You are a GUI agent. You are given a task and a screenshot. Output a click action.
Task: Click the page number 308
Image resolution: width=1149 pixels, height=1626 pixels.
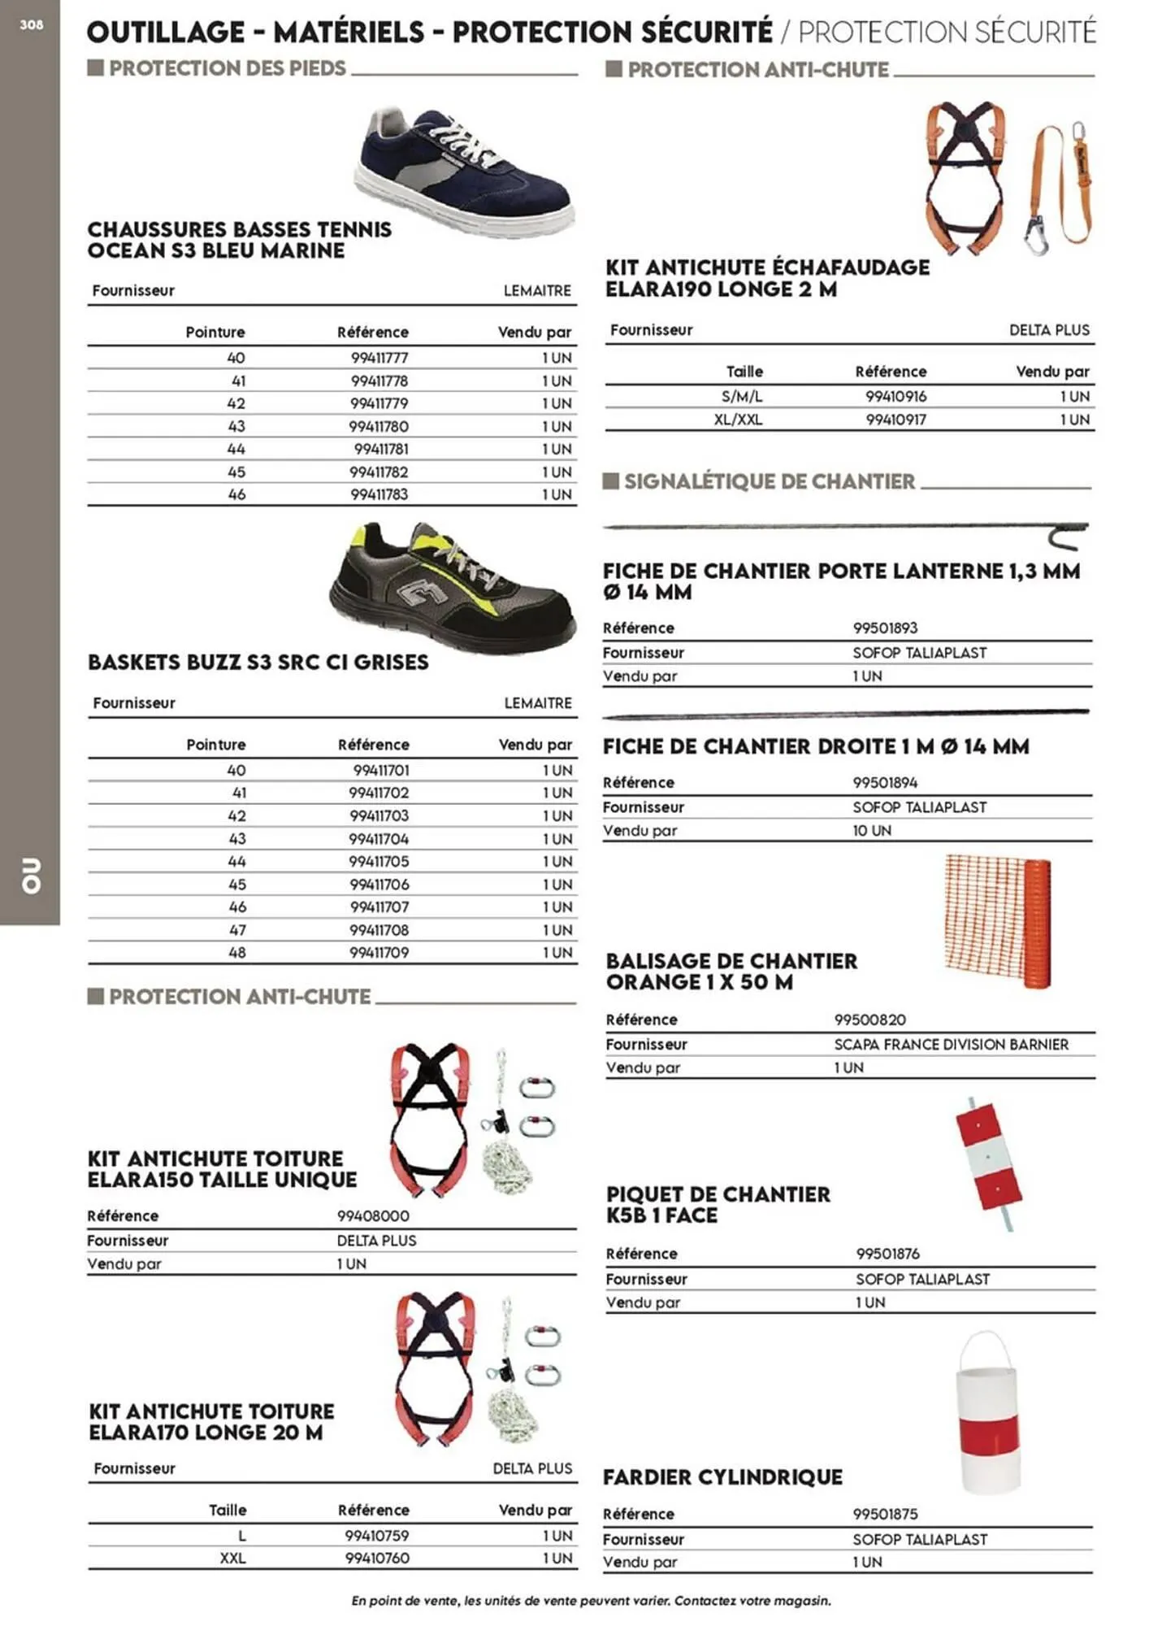31,25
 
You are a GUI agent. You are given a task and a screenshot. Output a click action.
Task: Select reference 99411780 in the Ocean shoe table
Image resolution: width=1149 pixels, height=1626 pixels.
379,426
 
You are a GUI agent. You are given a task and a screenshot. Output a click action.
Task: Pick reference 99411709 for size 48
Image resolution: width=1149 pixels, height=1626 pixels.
379,952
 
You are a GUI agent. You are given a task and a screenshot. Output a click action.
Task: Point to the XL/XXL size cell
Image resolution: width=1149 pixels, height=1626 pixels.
738,420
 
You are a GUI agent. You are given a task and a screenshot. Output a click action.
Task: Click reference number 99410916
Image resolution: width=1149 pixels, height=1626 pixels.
895,397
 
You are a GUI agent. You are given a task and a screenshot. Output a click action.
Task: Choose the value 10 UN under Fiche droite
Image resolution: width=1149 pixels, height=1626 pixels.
871,830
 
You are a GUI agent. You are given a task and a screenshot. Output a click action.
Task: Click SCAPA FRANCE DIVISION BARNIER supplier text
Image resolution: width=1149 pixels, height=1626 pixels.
951,1044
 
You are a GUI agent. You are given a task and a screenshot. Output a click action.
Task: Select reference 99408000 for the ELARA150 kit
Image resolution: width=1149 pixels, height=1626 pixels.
373,1216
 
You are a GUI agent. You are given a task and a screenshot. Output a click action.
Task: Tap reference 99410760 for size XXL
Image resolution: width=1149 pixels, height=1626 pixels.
376,1558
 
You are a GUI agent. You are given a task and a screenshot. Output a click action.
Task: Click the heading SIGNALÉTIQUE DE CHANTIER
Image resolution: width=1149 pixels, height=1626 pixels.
769,481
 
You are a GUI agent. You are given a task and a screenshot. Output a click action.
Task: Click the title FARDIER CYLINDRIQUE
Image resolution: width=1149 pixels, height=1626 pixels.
722,1476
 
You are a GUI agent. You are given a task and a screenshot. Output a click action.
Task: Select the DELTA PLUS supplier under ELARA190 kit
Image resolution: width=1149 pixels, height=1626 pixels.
1048,330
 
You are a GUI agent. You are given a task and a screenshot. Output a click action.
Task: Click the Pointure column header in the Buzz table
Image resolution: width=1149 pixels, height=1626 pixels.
215,745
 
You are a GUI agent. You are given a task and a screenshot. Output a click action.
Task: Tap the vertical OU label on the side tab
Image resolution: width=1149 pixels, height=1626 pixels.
31,875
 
